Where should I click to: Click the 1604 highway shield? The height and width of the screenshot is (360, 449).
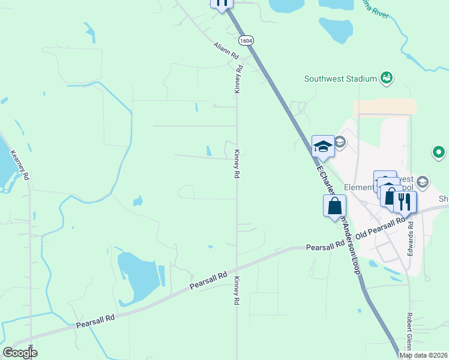coord(245,40)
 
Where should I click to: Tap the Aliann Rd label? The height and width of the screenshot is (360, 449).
coord(226,50)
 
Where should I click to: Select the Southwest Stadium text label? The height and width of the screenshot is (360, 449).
coord(340,78)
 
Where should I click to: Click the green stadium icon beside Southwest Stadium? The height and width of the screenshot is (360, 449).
coord(387,77)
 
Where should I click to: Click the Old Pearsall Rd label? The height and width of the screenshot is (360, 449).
coord(381,228)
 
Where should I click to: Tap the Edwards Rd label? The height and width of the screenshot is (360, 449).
coord(411,239)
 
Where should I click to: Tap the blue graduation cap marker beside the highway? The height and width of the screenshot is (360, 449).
coord(323,146)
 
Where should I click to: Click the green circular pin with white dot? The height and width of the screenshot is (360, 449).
coord(439,152)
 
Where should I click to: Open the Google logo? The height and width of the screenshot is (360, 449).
coord(20,353)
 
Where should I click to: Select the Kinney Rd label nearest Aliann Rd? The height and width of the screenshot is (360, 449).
coord(238,79)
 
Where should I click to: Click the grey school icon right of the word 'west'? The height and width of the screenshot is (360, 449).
coord(422,182)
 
